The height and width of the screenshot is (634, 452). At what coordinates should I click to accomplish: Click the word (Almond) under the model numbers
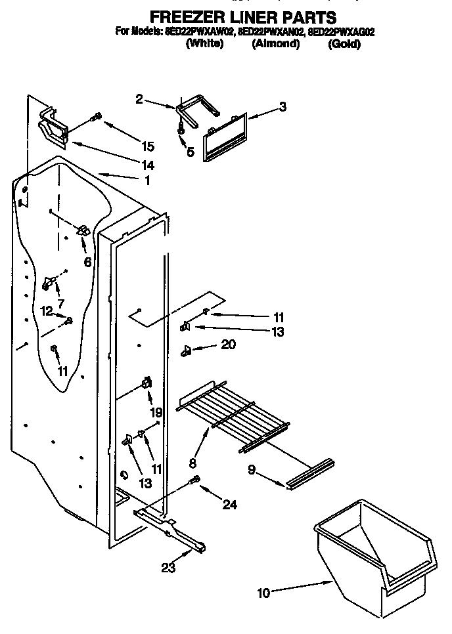coord(275,45)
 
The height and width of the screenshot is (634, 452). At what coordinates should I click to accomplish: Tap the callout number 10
coord(263,593)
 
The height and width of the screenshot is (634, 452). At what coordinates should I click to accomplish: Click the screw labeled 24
coord(194,482)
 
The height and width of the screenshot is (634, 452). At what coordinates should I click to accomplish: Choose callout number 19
coord(156,413)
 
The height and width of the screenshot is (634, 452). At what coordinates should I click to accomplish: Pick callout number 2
coord(139,99)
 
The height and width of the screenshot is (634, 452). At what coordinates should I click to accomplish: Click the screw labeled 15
coord(98,117)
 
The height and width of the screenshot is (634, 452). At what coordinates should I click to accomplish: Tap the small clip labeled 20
coord(186,352)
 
